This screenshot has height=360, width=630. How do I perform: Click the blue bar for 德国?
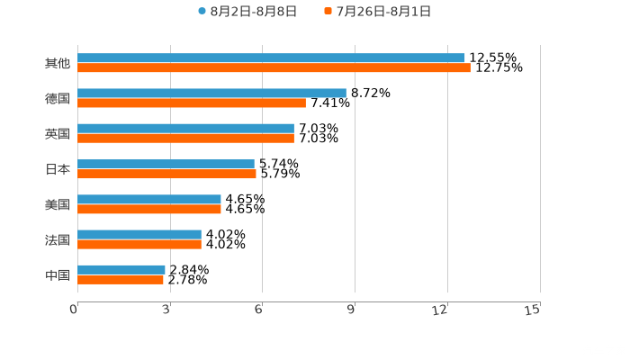tap(211, 93)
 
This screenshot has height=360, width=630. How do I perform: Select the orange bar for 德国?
tap(192, 103)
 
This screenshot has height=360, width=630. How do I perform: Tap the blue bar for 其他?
tap(271, 58)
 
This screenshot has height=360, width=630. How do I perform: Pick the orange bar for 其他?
tap(274, 68)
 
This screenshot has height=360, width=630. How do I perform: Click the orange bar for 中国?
tap(121, 280)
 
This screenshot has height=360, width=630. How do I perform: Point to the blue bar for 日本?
tap(166, 164)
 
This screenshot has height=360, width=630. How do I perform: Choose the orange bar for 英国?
tap(185, 139)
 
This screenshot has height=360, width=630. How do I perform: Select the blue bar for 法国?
tap(139, 234)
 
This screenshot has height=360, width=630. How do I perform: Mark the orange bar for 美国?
tap(149, 210)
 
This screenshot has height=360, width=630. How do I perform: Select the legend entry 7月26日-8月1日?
tap(382, 11)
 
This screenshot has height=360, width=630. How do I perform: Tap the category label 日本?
tap(58, 169)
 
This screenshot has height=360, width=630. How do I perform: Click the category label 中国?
tap(58, 274)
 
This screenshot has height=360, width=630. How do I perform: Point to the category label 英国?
tap(58, 133)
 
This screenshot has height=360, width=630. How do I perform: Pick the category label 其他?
tap(58, 63)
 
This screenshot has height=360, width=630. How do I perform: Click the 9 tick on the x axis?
tap(352, 310)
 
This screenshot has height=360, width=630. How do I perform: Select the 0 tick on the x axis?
tap(75, 310)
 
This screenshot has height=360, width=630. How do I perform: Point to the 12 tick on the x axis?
tap(441, 310)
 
